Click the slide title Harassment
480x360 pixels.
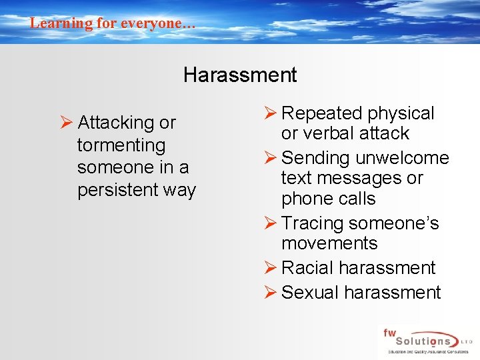tap(240, 75)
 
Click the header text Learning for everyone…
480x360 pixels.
tap(113, 23)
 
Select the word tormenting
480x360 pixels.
tap(121, 145)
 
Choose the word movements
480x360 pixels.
tap(329, 243)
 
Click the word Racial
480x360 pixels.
tap(307, 268)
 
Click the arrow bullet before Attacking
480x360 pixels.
tap(66, 123)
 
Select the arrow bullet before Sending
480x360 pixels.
tap(270, 158)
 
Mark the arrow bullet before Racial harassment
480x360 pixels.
tap(270, 268)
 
